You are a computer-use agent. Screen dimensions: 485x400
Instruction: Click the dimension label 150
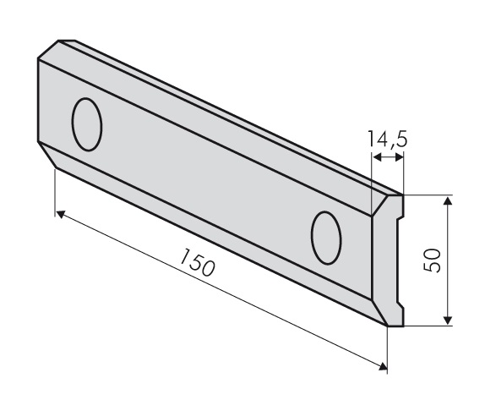[197, 262]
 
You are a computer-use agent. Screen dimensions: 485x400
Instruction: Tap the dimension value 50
[433, 260]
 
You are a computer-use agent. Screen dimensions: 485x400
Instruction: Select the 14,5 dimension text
[388, 139]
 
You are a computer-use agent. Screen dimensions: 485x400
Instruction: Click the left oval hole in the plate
[87, 124]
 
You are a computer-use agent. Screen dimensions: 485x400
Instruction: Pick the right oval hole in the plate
[326, 238]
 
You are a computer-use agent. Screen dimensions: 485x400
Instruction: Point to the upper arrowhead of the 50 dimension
[448, 200]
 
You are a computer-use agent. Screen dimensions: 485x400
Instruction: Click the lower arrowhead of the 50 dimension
[448, 321]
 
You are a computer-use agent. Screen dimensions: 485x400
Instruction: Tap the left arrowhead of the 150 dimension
[61, 214]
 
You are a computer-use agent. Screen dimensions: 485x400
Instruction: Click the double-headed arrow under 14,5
[388, 157]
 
